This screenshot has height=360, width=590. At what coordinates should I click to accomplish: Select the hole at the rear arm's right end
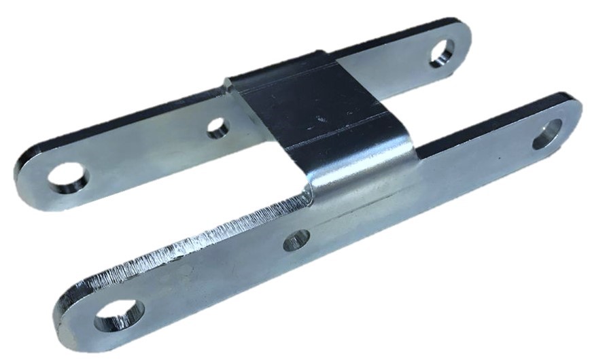tap(442, 52)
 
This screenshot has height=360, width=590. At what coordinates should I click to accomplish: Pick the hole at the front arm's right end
tap(547, 133)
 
